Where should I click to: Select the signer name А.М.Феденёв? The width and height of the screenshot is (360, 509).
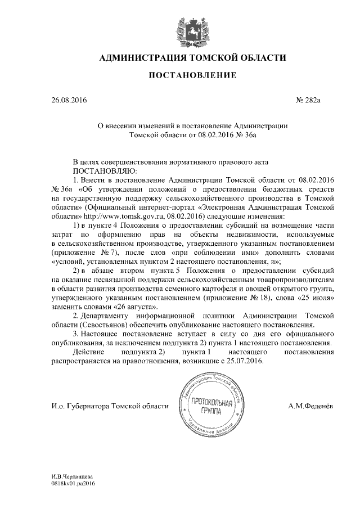pyautogui.click(x=310, y=406)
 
